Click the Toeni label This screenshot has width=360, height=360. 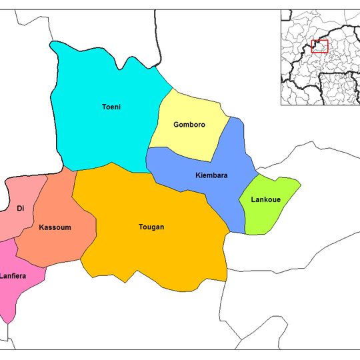111,107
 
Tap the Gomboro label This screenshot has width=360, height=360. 189,125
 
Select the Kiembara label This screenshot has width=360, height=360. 212,175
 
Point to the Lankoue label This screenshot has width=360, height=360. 265,200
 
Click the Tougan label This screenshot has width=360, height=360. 151,227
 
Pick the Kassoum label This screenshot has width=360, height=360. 55,227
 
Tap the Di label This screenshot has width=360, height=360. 21,209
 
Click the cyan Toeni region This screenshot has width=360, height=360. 100,133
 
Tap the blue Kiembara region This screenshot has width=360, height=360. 227,193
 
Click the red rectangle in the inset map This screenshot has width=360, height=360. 321,45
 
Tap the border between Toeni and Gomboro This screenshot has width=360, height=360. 159,120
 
